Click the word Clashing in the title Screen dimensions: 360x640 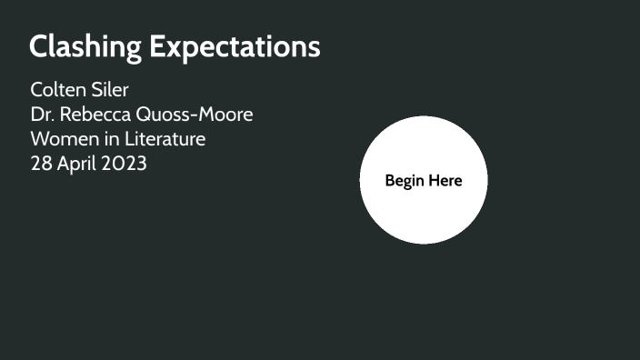point(85,47)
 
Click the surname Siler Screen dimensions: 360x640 point(111,91)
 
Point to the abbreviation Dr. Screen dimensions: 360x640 point(42,115)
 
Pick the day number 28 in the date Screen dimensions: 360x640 point(42,165)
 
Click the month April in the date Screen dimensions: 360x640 point(79,165)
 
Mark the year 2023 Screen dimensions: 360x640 point(126,165)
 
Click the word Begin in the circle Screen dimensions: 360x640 point(405,181)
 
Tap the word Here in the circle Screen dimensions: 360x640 point(445,181)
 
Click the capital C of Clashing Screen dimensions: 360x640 point(39,47)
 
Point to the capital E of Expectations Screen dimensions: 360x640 point(158,47)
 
